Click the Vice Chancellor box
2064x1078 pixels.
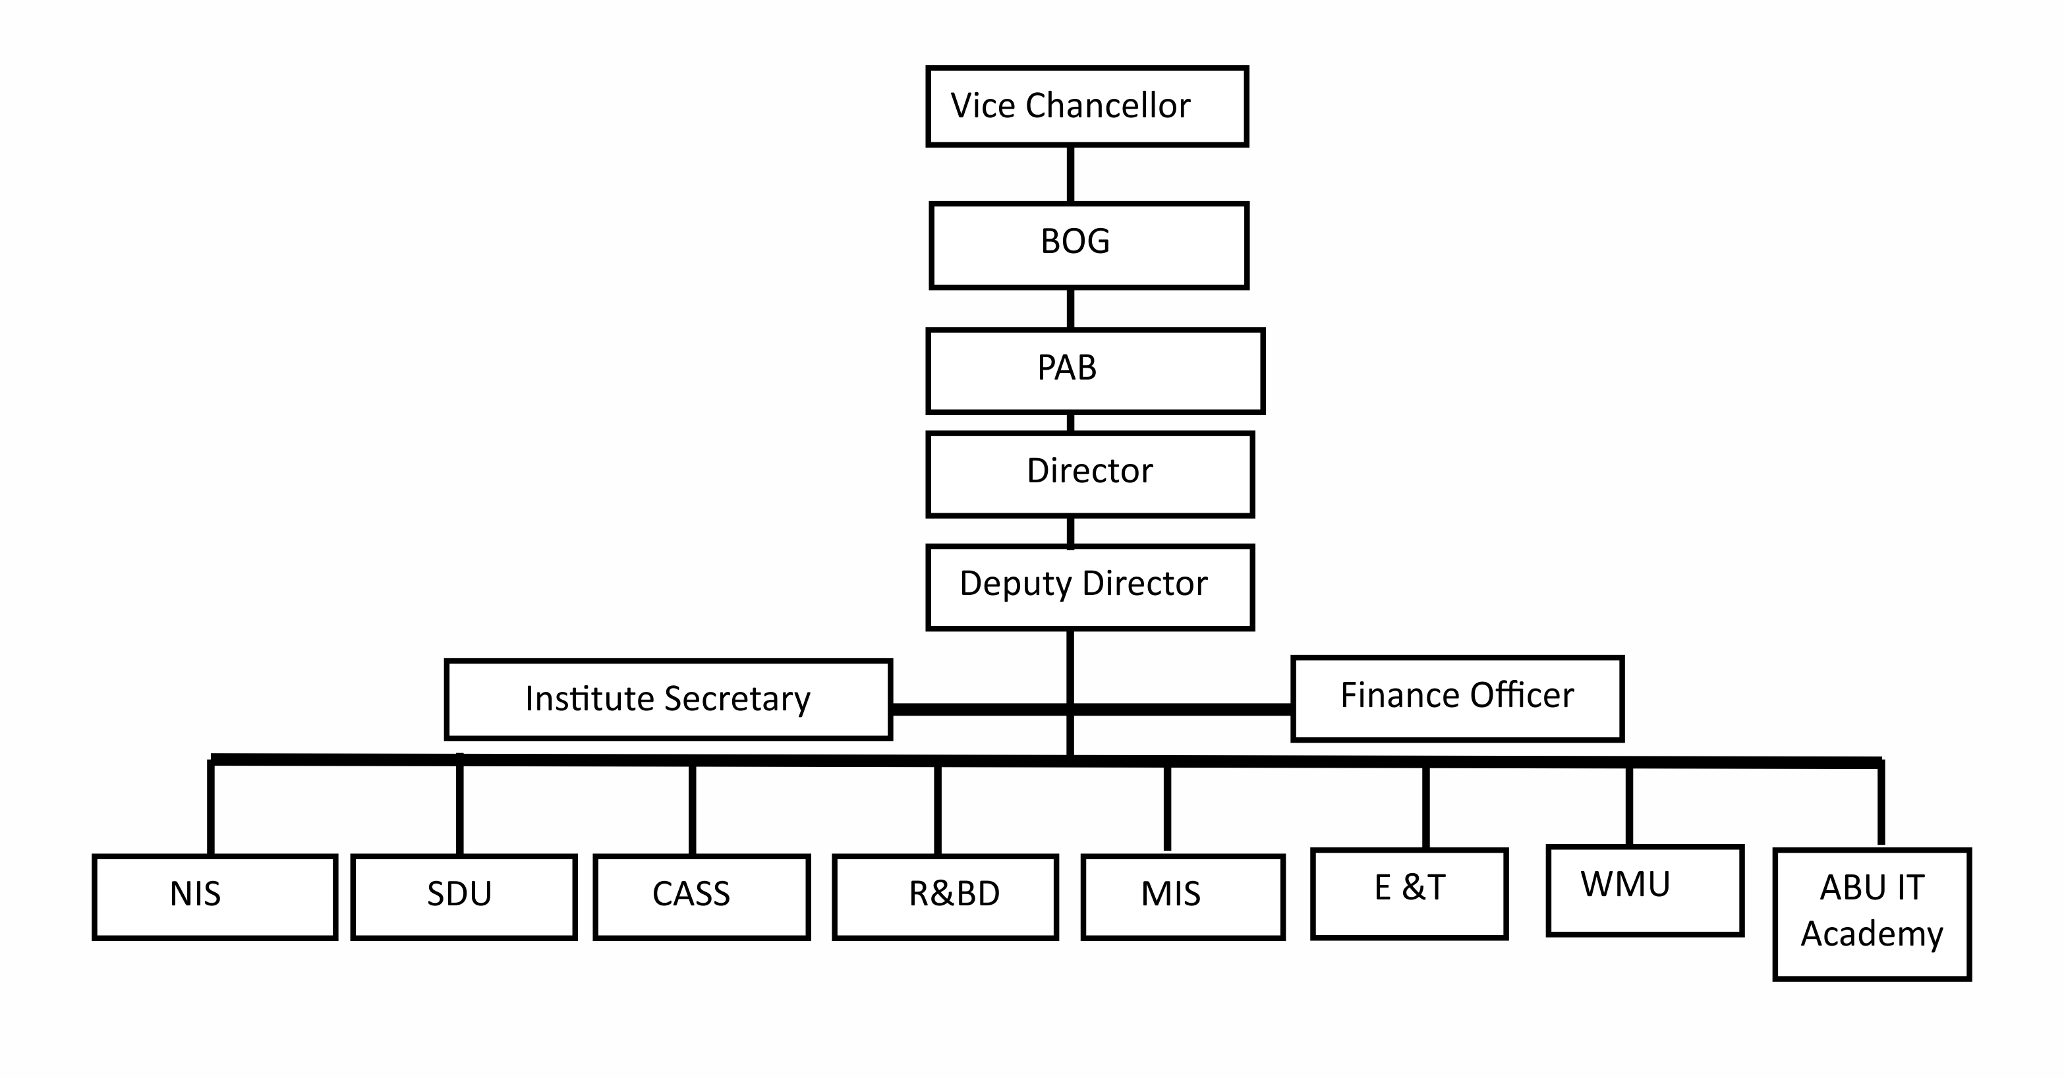tap(1087, 107)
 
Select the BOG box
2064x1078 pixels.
tap(1088, 245)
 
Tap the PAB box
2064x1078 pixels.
tap(1095, 371)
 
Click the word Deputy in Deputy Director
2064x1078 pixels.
tap(1015, 584)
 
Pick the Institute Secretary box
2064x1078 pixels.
tap(668, 699)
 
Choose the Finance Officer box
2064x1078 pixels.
tap(1456, 698)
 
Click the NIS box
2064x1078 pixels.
tap(214, 896)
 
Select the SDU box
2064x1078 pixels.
tap(463, 896)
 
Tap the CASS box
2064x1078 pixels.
tap(701, 896)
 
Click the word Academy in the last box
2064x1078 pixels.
tap(1871, 934)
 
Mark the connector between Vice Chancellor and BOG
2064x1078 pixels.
tap(1070, 174)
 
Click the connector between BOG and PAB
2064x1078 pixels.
tap(1070, 308)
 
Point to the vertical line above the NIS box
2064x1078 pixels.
tap(211, 807)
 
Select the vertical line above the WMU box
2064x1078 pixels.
tap(1629, 805)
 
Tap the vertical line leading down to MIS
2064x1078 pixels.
tap(1166, 807)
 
